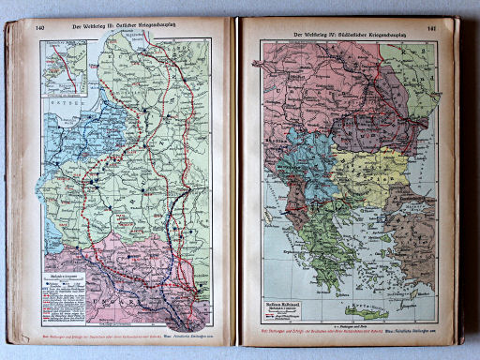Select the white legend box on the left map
(57, 273)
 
